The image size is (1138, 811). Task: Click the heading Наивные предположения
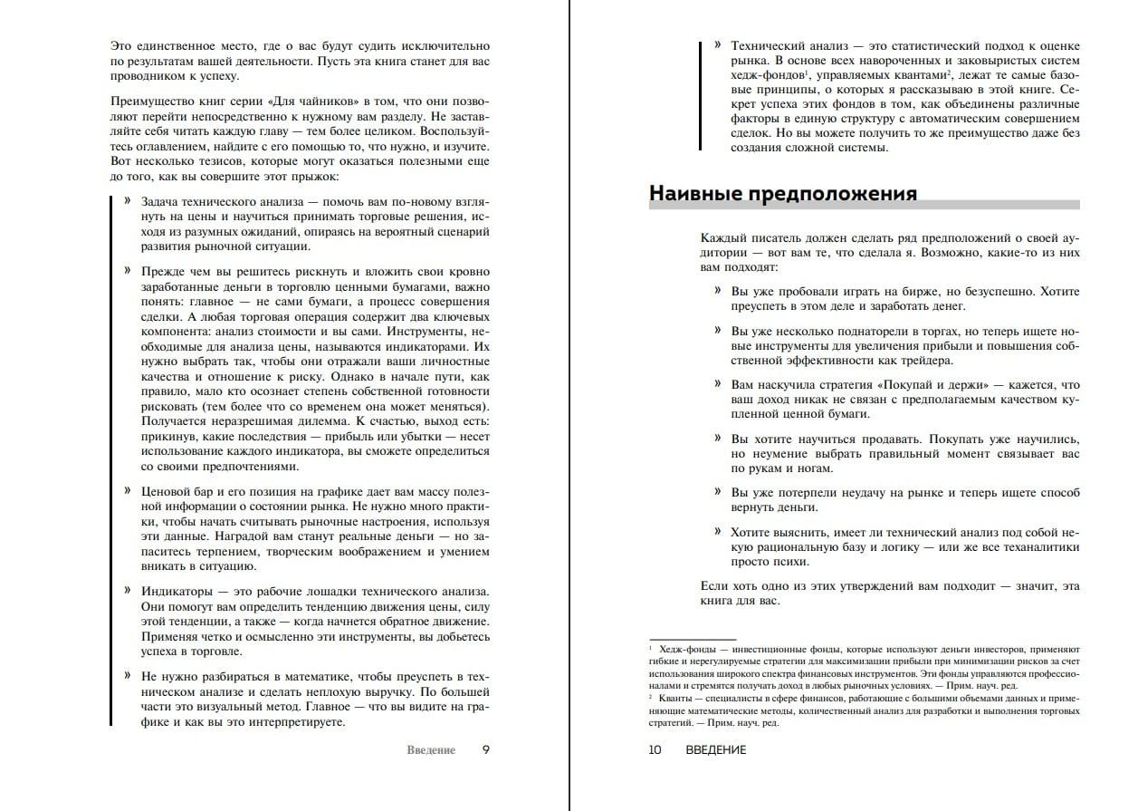click(x=783, y=193)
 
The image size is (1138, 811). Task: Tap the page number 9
click(x=486, y=749)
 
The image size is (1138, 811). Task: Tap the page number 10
click(x=655, y=749)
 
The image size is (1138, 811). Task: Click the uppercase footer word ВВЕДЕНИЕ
click(x=715, y=749)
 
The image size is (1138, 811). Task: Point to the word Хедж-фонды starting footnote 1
click(x=686, y=649)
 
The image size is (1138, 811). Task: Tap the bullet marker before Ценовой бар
click(x=128, y=490)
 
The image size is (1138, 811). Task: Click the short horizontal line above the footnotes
click(x=693, y=637)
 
